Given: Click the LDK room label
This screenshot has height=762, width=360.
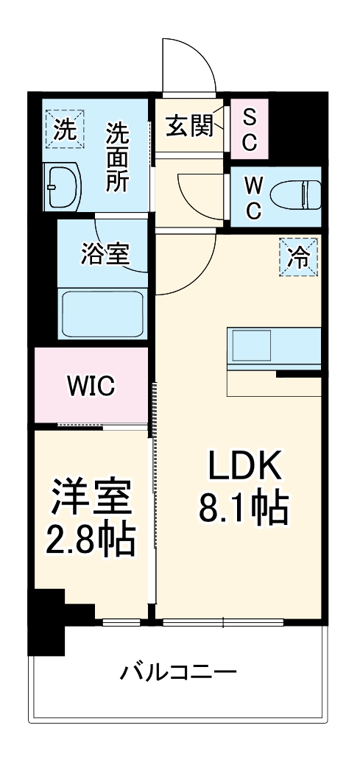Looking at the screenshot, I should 244,466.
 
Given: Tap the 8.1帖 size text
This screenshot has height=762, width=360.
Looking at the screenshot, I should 244,508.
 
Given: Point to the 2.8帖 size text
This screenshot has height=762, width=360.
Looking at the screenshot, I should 92,541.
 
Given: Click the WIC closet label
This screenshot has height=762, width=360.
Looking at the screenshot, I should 91,386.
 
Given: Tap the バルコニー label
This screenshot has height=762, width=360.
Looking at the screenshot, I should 180,672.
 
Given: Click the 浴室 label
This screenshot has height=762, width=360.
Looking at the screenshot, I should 105,254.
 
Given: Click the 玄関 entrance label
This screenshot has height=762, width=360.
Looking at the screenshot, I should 188,127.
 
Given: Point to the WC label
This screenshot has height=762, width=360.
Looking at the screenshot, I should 252,197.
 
